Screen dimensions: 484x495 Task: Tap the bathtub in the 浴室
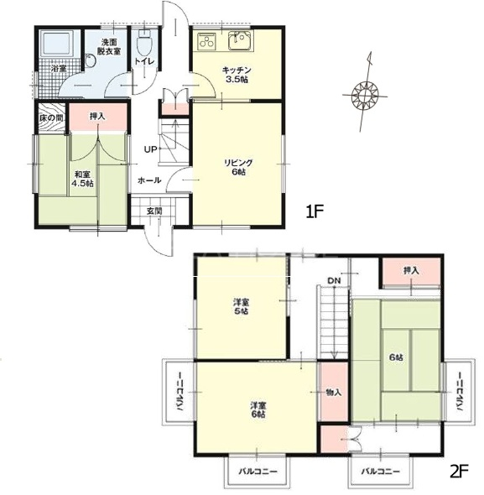click(57, 44)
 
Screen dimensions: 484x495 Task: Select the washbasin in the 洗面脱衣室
click(90, 61)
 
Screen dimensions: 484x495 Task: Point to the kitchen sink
click(240, 41)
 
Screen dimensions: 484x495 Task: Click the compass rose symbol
click(365, 95)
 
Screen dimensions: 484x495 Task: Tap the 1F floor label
click(315, 211)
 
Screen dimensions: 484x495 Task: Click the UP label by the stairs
click(151, 149)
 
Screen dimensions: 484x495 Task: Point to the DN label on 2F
click(334, 280)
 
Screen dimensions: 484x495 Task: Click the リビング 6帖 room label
click(238, 167)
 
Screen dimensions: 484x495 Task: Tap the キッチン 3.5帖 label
click(237, 75)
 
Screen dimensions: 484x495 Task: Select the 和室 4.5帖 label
click(82, 179)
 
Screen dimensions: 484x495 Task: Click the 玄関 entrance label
click(154, 211)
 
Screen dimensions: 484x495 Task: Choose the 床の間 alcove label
click(51, 118)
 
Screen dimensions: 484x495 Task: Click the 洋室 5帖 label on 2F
click(241, 306)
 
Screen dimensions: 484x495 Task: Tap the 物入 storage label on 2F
click(334, 393)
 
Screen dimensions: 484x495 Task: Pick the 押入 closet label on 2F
click(411, 270)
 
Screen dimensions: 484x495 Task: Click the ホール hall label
click(149, 180)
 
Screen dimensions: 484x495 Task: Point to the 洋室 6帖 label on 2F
click(258, 409)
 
